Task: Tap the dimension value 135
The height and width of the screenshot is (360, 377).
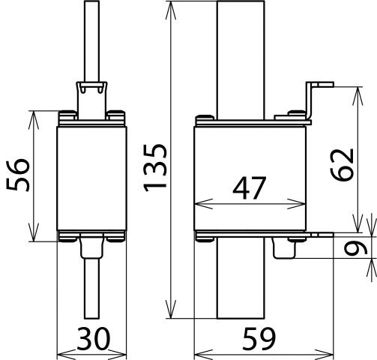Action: pyautogui.click(x=156, y=178)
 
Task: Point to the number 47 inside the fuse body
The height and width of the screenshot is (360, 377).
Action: pyautogui.click(x=250, y=189)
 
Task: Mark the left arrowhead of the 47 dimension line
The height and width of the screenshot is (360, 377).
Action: pyautogui.click(x=199, y=202)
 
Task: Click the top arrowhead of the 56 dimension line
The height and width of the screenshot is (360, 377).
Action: pyautogui.click(x=33, y=114)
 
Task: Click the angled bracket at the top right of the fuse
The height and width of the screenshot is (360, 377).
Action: pyautogui.click(x=315, y=94)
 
